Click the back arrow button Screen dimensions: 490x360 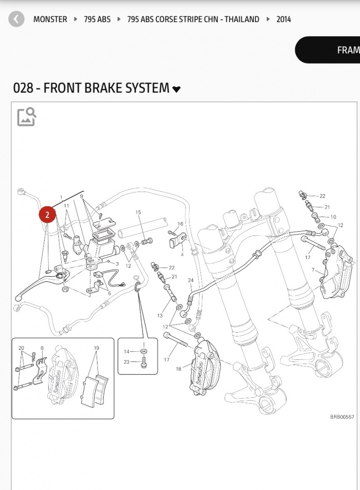pos(16,20)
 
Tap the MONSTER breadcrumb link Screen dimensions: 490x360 pos(50,20)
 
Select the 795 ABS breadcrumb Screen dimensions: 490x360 pos(97,20)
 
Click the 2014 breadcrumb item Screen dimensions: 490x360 pos(284,20)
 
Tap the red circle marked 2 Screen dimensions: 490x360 pos(48,215)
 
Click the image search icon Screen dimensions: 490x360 pos(26,117)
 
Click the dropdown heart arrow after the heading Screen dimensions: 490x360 pos(176,89)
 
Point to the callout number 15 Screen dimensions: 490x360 pos(138,212)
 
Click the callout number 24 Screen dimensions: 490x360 pos(191,280)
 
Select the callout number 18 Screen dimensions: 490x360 pos(178,369)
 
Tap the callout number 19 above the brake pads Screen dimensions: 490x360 pos(96,348)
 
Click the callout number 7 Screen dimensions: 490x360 pos(313,270)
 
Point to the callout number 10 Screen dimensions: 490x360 pos(333,217)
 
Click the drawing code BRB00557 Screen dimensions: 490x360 pos(342,417)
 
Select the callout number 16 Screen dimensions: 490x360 pos(180,224)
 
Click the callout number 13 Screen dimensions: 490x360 pos(160,316)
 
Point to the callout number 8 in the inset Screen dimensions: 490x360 pos(42,348)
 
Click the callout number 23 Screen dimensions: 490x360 pos(126,362)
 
